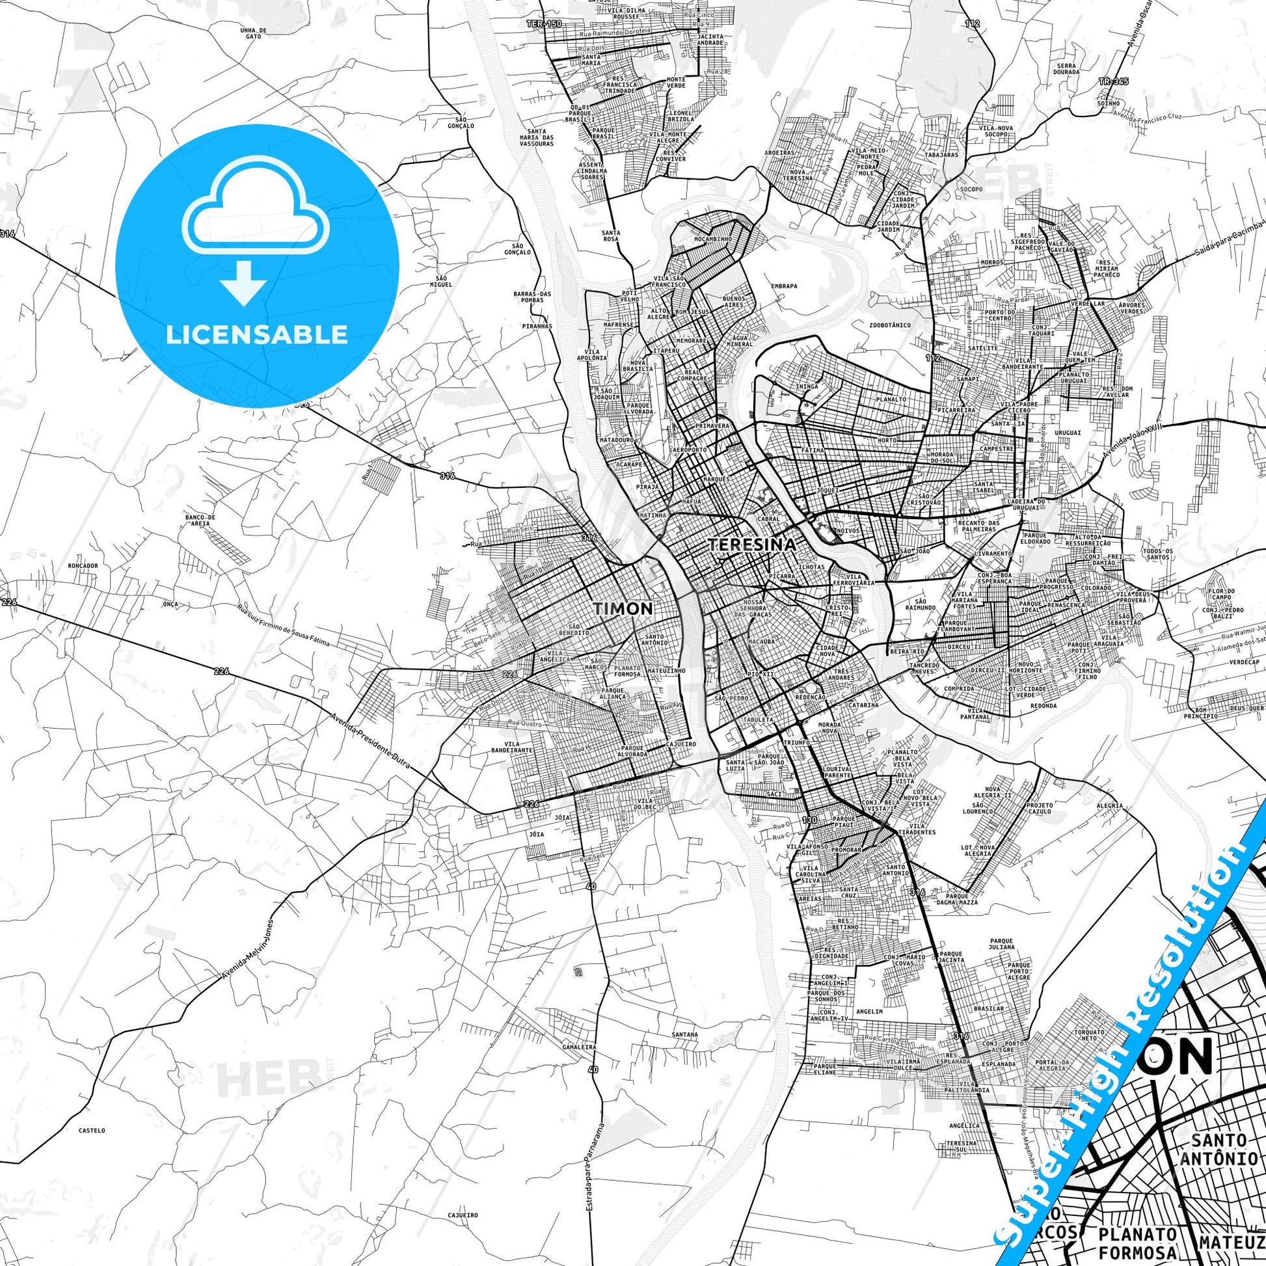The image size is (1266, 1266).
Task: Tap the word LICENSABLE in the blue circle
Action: pyautogui.click(x=256, y=334)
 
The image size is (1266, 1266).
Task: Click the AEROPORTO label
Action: pyautogui.click(x=689, y=451)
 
